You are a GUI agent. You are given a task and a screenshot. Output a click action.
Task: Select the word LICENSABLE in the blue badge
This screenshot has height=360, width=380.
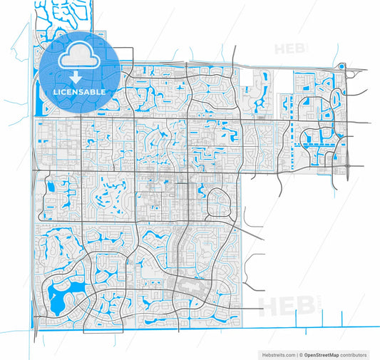(79, 93)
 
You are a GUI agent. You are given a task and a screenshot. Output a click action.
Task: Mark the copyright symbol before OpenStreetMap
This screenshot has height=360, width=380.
(302, 354)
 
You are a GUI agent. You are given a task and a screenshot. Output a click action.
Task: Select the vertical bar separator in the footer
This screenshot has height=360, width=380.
(297, 354)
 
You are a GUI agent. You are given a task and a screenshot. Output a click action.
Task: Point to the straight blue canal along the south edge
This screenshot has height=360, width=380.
(214, 326)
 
